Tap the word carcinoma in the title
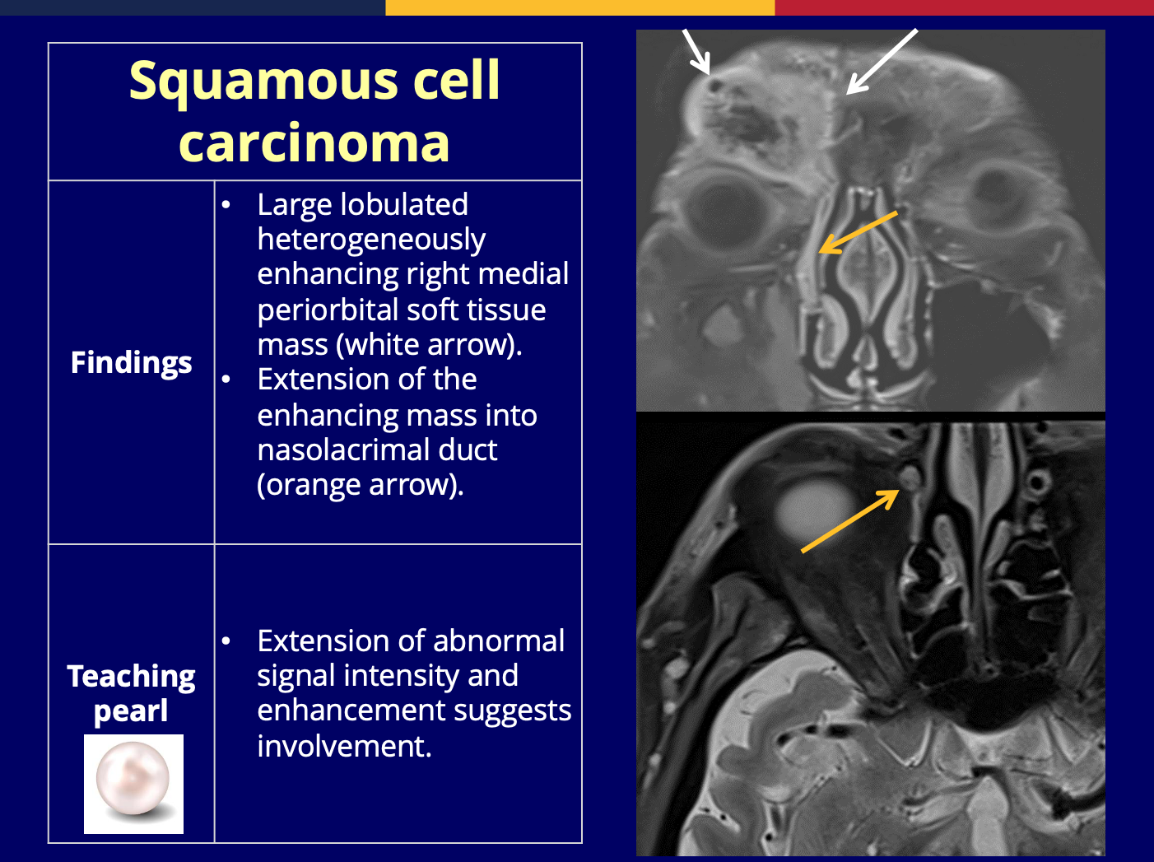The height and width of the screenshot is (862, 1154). [314, 142]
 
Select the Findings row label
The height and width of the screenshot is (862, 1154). [132, 363]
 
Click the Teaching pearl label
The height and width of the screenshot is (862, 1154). [131, 693]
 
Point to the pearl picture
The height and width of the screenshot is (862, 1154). [133, 784]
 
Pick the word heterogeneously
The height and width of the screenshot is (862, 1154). [371, 240]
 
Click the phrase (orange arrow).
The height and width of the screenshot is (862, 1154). [361, 485]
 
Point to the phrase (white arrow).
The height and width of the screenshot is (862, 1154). [429, 345]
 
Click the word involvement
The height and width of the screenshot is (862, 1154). [344, 746]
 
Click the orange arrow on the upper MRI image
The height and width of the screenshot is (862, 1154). [858, 232]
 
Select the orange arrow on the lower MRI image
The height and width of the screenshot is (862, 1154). [850, 521]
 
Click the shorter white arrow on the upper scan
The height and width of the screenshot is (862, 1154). [696, 52]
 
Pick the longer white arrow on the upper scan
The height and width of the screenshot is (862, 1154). [882, 62]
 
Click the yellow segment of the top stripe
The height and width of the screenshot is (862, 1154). [580, 7]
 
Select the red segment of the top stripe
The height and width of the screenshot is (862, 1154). [964, 7]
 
